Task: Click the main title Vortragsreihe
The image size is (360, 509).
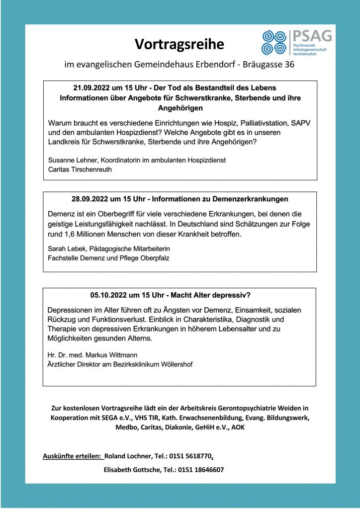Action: point(180,44)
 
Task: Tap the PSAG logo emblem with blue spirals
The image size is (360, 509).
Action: point(275,42)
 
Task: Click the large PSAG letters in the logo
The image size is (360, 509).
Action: point(312,36)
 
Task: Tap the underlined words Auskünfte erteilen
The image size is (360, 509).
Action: point(73,456)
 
